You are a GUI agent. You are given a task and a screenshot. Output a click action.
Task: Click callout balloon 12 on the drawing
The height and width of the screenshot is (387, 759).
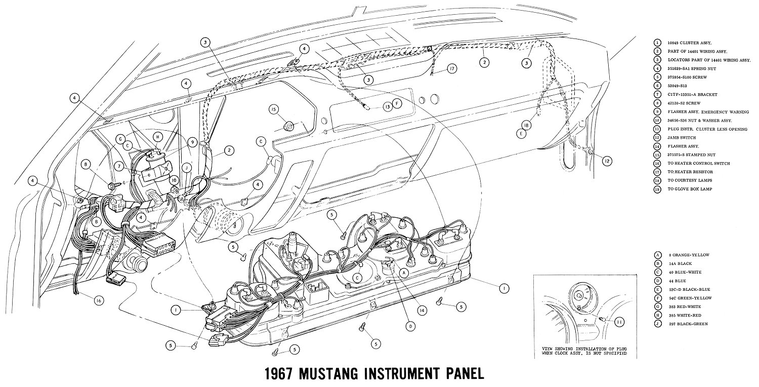click(607, 161)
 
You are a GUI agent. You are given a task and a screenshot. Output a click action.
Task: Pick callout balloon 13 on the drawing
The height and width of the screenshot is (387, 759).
click(387, 106)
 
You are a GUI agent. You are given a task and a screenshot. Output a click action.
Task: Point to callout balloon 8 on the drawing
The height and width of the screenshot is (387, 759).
click(86, 164)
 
